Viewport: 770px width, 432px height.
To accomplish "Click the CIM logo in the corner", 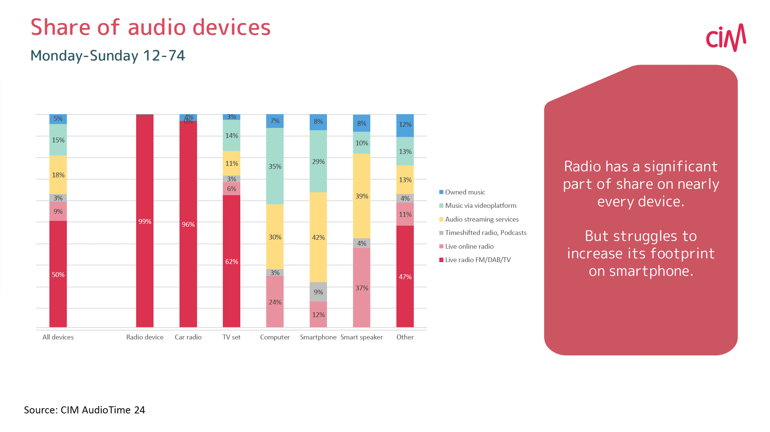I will [x=726, y=38].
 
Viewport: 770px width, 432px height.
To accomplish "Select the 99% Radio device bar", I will [x=145, y=221].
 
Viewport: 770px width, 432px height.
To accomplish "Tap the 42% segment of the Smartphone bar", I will [x=318, y=237].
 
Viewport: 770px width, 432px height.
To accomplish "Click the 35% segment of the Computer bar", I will [x=275, y=166].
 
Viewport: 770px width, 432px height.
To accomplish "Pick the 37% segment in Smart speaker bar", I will [x=362, y=287].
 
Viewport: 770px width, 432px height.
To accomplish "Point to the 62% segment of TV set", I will [x=231, y=261].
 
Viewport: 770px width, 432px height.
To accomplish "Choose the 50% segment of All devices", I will [x=58, y=274].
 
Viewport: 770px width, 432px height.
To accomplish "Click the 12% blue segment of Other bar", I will [x=405, y=125].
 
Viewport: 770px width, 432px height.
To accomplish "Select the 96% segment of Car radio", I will [x=188, y=224].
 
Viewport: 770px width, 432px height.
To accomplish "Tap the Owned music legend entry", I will [x=465, y=192].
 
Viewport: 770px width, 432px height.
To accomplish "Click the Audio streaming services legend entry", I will [x=481, y=219].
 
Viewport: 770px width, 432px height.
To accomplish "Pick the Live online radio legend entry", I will [x=469, y=246].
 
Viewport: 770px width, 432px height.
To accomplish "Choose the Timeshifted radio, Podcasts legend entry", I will [x=485, y=233].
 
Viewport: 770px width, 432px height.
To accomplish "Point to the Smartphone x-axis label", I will [x=318, y=337].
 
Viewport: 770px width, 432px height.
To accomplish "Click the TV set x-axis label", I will [x=231, y=337].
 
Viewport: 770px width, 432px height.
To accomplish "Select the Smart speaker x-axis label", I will [x=362, y=337].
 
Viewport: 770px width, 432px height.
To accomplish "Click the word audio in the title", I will [x=157, y=28].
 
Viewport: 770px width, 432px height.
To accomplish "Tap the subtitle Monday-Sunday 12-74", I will [x=108, y=56].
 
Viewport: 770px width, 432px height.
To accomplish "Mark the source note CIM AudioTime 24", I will [x=84, y=410].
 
